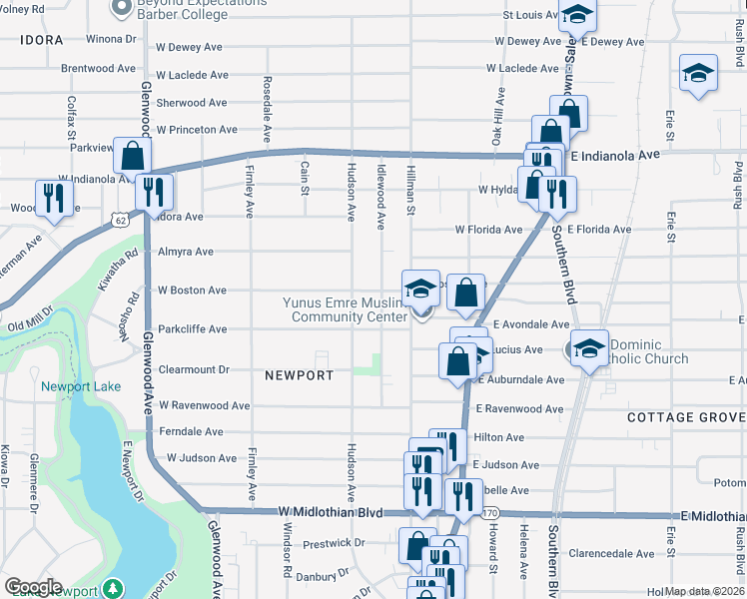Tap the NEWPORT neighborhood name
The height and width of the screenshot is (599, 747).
(300, 375)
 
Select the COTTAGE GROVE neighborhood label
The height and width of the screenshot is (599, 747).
(686, 417)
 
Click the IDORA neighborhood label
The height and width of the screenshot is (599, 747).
(41, 41)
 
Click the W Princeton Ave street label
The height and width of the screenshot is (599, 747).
(197, 130)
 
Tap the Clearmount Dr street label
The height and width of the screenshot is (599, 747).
(194, 368)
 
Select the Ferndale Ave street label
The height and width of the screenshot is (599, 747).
(191, 431)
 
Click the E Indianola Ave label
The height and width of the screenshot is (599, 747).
(616, 156)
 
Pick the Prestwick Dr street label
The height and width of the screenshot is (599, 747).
(334, 543)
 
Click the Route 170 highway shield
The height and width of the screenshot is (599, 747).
(489, 513)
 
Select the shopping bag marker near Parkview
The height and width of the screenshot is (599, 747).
(131, 156)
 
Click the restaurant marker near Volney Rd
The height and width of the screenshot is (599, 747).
(50, 198)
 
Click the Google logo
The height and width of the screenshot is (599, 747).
(33, 587)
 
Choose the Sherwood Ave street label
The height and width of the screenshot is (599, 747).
(193, 103)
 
